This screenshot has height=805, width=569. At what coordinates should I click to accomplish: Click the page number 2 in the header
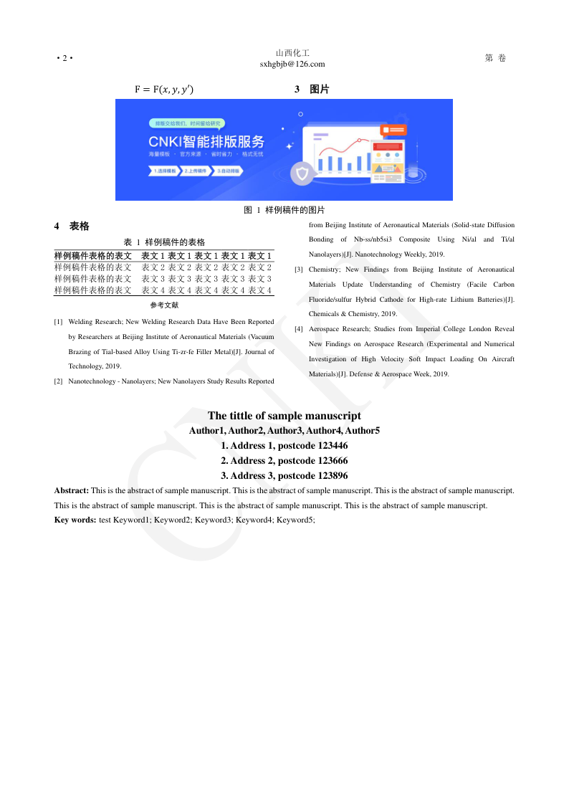pyautogui.click(x=64, y=58)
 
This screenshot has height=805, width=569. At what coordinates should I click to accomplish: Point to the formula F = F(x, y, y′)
pyautogui.click(x=164, y=90)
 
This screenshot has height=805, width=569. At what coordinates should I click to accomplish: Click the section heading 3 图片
pyautogui.click(x=312, y=90)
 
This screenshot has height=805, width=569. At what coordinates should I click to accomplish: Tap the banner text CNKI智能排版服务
pyautogui.click(x=206, y=140)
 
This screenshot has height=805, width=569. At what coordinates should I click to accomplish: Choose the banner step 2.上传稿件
pyautogui.click(x=195, y=171)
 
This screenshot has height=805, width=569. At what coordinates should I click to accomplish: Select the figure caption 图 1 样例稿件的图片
pyautogui.click(x=284, y=210)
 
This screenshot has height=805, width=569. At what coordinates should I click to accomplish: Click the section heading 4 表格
pyautogui.click(x=72, y=226)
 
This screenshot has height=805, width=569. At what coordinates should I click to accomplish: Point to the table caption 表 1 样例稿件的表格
pyautogui.click(x=165, y=242)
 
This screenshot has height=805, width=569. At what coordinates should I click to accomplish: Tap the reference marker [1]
pyautogui.click(x=58, y=323)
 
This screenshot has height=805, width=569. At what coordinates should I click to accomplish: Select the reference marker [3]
pyautogui.click(x=299, y=270)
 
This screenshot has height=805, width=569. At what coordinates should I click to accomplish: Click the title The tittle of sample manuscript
pyautogui.click(x=284, y=416)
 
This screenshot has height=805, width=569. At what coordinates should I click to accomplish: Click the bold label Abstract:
pyautogui.click(x=72, y=491)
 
